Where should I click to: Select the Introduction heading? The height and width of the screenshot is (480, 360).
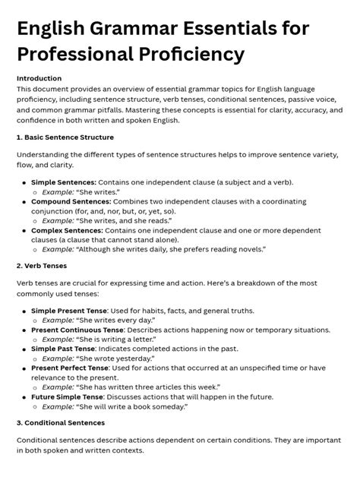click(x=39, y=78)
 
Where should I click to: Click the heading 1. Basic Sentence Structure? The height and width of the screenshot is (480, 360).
click(x=65, y=137)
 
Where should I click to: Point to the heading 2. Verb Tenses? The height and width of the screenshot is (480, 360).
click(x=42, y=266)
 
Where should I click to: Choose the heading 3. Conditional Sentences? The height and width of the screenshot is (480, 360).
click(x=61, y=422)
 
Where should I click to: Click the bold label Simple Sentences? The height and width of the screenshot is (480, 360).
click(x=64, y=183)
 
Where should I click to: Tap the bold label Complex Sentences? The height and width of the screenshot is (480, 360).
click(x=67, y=229)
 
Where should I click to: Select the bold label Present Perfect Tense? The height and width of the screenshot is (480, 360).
click(x=74, y=367)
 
